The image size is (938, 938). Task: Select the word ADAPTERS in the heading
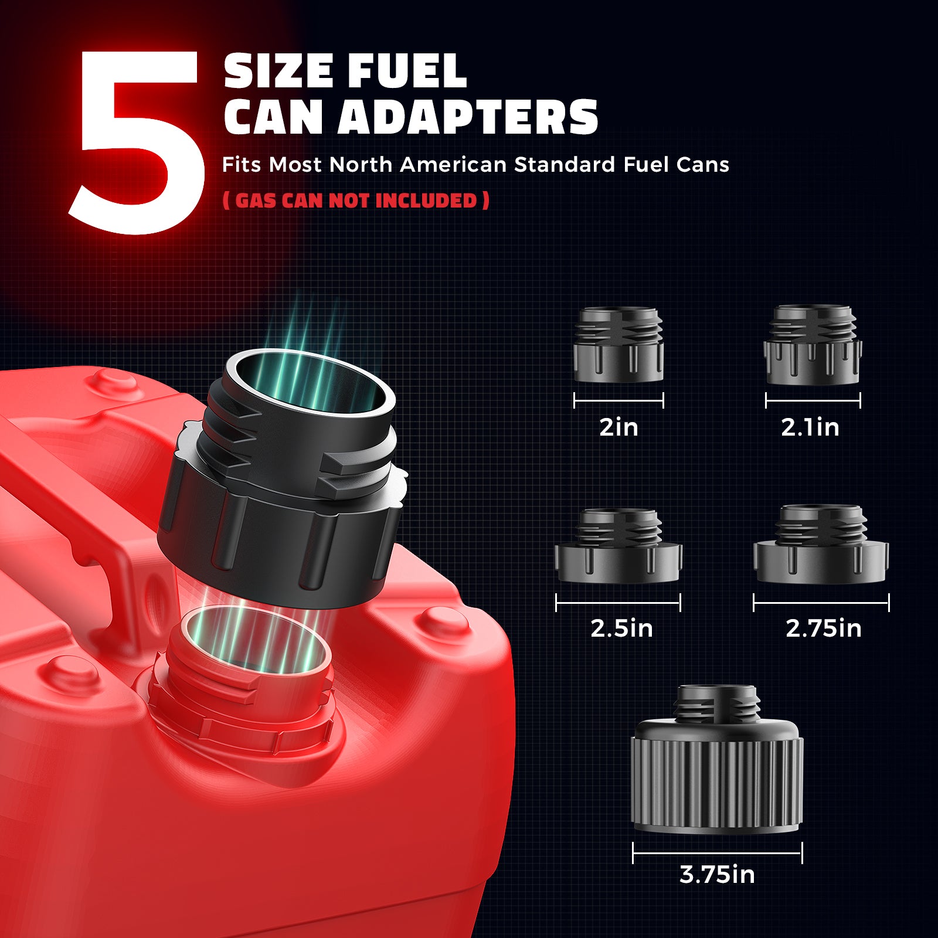(467, 117)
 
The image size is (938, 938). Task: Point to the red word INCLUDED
(426, 200)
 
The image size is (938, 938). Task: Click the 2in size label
(618, 427)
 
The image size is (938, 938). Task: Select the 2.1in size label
(810, 427)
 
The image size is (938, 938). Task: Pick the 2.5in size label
(621, 628)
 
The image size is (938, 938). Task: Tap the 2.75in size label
(824, 628)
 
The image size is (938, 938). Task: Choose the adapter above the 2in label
(618, 344)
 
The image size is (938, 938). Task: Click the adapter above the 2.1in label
(813, 344)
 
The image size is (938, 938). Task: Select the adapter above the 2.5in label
(618, 546)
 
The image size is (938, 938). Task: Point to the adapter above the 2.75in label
(821, 544)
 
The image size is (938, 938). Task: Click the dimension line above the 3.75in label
(718, 853)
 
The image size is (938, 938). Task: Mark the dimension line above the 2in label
(618, 400)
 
